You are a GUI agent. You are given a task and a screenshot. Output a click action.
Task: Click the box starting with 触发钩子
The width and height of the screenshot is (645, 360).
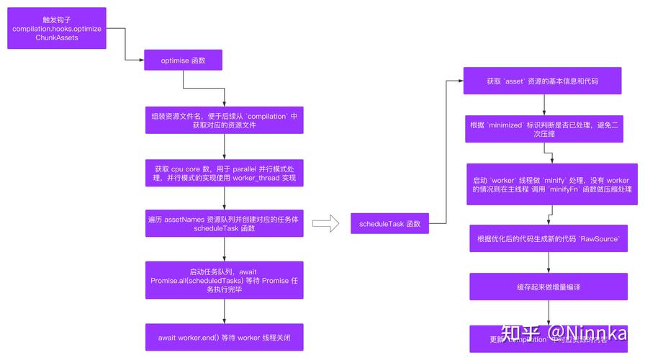(x=57, y=28)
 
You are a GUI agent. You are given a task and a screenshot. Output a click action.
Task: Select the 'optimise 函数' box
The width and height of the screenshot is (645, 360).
(x=184, y=60)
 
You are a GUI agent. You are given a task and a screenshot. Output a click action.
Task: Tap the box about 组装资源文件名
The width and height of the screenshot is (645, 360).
(x=224, y=120)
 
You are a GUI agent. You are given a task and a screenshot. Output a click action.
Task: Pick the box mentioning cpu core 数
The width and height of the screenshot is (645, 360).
(x=224, y=173)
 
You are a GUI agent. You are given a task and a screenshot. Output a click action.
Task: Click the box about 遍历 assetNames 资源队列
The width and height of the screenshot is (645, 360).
(x=224, y=223)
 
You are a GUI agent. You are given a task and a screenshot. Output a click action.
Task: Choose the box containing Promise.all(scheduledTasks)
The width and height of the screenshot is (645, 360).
(x=224, y=280)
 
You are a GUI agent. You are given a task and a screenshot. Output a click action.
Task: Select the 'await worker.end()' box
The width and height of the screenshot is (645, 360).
(x=224, y=336)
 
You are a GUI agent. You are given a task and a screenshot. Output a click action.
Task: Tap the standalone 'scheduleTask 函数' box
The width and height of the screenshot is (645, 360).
(x=389, y=224)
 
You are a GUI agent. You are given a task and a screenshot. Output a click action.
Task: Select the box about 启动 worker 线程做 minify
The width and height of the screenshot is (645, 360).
(x=551, y=184)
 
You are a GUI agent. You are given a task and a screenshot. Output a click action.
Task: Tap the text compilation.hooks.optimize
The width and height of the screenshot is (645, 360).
(x=57, y=29)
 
